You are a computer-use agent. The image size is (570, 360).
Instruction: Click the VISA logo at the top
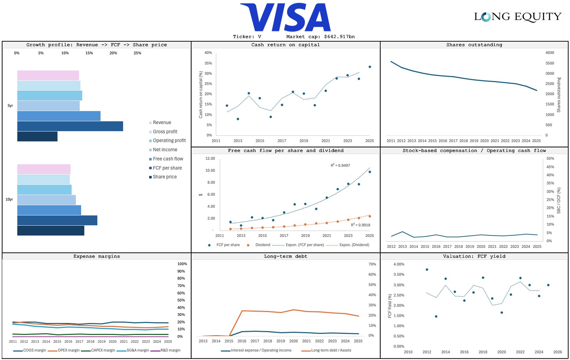click(x=285, y=18)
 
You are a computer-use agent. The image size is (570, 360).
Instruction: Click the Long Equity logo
click(x=517, y=17)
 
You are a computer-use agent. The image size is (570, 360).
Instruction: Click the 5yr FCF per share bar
click(x=70, y=126)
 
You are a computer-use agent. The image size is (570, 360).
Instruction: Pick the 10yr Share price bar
click(x=50, y=231)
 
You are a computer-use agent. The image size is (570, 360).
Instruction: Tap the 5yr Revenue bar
click(x=48, y=75)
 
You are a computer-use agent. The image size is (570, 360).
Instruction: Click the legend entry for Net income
click(x=165, y=150)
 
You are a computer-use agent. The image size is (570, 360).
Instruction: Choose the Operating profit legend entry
click(x=169, y=141)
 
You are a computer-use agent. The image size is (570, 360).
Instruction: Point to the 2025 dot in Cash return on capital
click(x=370, y=67)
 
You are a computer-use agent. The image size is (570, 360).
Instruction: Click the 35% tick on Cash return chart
click(x=208, y=63)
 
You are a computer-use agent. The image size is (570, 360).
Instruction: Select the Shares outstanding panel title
click(x=474, y=45)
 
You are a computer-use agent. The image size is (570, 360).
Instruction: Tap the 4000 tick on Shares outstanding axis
click(x=550, y=53)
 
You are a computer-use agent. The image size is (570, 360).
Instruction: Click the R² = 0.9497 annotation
click(x=340, y=165)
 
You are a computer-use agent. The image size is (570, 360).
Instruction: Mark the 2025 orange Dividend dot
click(x=370, y=216)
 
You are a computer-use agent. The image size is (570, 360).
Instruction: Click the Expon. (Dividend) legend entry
click(x=354, y=245)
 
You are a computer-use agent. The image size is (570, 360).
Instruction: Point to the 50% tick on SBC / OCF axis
click(x=550, y=159)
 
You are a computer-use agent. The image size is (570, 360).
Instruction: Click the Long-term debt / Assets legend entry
click(x=331, y=350)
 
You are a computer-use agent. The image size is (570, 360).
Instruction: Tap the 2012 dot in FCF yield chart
click(x=427, y=269)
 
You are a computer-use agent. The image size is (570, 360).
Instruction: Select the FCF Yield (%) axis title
click(x=390, y=306)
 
